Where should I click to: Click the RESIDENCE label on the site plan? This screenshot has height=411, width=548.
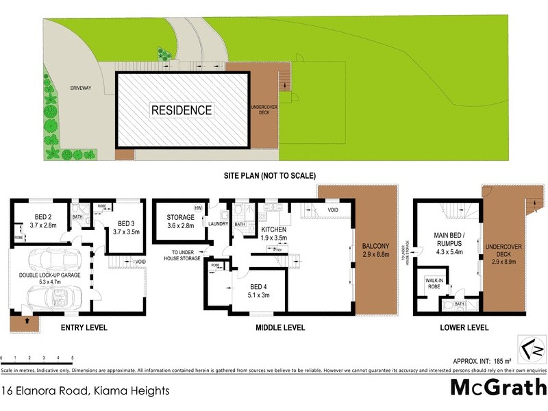182,110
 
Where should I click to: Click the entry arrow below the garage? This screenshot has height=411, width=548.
25,319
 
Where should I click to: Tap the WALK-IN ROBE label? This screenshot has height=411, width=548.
433,283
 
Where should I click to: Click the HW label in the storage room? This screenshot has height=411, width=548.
197,208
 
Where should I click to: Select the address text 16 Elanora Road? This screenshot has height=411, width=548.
85,392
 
